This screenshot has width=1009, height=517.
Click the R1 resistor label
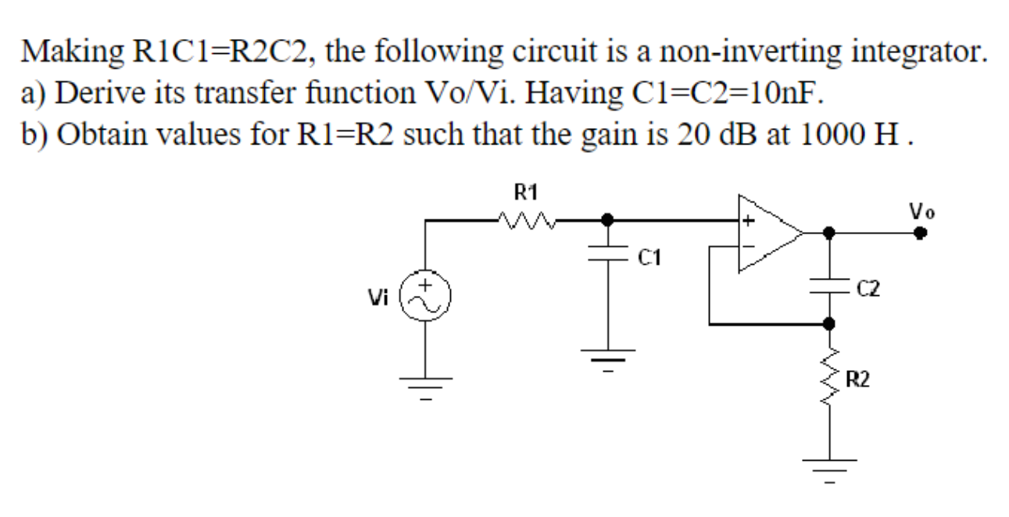coord(527,191)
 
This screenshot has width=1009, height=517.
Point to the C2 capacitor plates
coord(828,287)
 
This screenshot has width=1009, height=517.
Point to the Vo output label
coord(921,211)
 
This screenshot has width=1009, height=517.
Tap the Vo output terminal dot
coord(922,232)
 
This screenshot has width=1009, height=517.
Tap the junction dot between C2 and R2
coord(828,322)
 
